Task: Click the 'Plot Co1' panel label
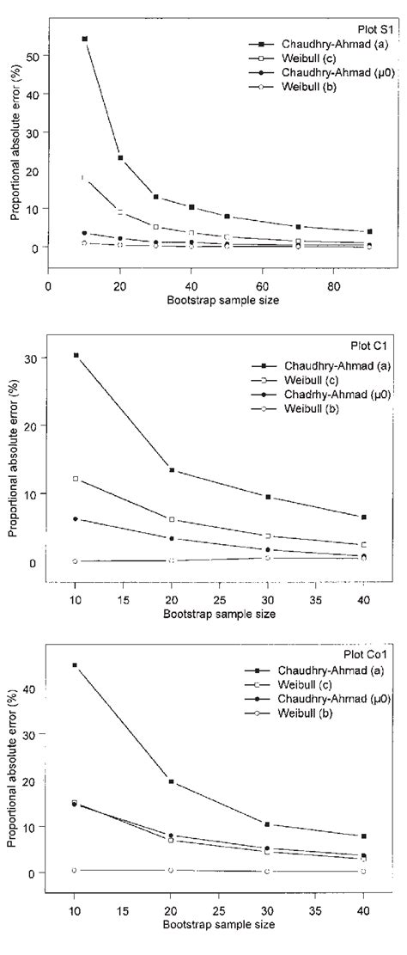[371, 655]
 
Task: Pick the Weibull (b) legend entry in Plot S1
[295, 88]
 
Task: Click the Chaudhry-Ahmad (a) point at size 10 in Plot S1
[84, 39]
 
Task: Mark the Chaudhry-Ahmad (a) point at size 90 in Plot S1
[369, 232]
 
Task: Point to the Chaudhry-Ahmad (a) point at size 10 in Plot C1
[76, 355]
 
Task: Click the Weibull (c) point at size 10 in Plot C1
[76, 478]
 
